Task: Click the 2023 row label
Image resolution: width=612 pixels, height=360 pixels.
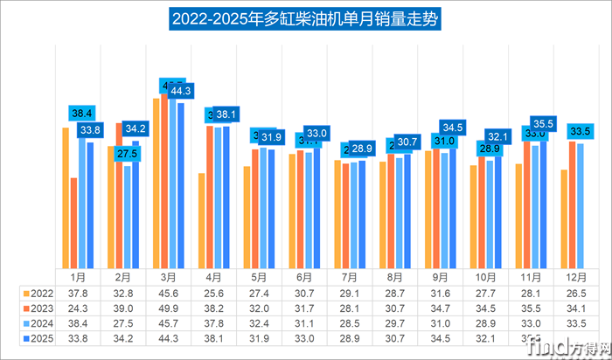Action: [x=37, y=308]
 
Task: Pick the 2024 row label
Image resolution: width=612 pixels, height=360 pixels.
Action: [x=37, y=323]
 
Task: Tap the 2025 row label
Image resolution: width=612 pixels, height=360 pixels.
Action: [x=37, y=337]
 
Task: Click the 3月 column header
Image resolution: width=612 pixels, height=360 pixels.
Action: [x=168, y=278]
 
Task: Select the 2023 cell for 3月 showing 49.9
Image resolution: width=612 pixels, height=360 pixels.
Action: [x=168, y=308]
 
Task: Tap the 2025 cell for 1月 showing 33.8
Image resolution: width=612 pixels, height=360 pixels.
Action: [x=77, y=337]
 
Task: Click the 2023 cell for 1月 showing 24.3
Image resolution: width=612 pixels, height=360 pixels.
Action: [x=77, y=308]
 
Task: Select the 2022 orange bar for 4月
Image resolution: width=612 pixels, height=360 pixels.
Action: [x=202, y=221]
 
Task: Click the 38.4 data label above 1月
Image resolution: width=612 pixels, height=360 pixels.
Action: [x=81, y=114]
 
